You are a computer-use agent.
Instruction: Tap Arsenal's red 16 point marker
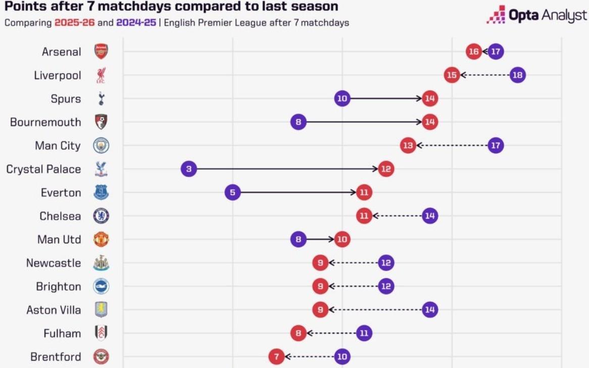coord(473,52)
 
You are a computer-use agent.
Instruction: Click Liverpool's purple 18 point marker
coord(517,75)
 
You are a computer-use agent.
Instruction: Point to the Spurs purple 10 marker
coord(342,99)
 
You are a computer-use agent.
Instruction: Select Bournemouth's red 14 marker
coord(430,122)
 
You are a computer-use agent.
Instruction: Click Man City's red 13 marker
coord(408,146)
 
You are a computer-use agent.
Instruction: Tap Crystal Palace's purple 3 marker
coord(188,169)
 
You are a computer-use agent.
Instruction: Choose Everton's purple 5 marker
coord(232,193)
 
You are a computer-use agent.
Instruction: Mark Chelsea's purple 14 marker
coord(430,216)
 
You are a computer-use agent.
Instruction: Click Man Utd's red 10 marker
coord(342,239)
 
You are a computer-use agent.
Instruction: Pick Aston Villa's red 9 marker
coord(320,309)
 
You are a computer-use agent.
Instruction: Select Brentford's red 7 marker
coord(276,356)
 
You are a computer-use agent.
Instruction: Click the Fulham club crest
coord(101,333)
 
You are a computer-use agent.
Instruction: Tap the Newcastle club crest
coord(101,263)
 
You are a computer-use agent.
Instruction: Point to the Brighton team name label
coord(58,287)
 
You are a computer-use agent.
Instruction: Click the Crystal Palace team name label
coord(43,169)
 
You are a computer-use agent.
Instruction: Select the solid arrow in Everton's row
coord(298,193)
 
